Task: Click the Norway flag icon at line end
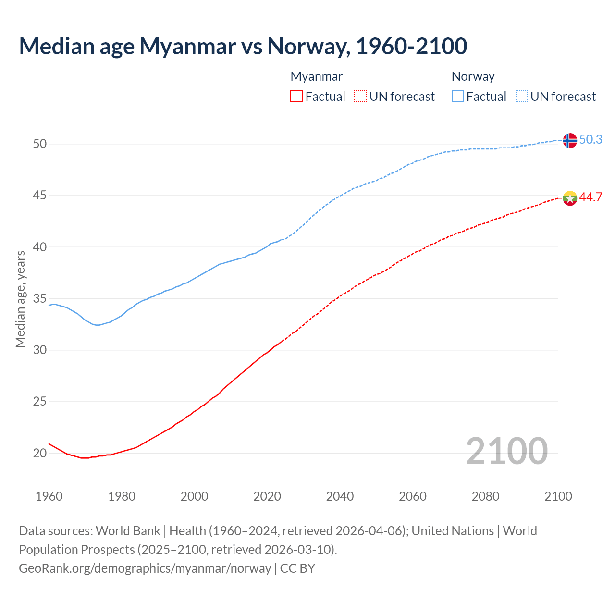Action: (x=569, y=140)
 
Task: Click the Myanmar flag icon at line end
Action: (x=569, y=198)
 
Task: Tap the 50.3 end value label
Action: (x=590, y=139)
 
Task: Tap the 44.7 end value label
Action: (x=590, y=197)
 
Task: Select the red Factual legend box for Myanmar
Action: (x=296, y=97)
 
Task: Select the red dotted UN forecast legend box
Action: (x=360, y=97)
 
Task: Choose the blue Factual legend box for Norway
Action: (x=458, y=97)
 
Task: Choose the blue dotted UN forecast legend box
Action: (x=521, y=97)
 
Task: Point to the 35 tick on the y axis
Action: (x=40, y=298)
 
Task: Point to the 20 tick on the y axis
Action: (x=40, y=453)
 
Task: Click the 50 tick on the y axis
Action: (x=40, y=144)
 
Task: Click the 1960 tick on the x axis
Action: (x=49, y=496)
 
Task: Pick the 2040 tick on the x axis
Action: (x=340, y=496)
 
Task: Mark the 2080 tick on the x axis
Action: (x=485, y=496)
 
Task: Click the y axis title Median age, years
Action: (x=20, y=299)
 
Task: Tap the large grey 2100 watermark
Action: (x=506, y=451)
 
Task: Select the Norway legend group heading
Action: (x=473, y=76)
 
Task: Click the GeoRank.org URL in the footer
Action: (x=145, y=568)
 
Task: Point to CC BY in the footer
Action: (x=297, y=568)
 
